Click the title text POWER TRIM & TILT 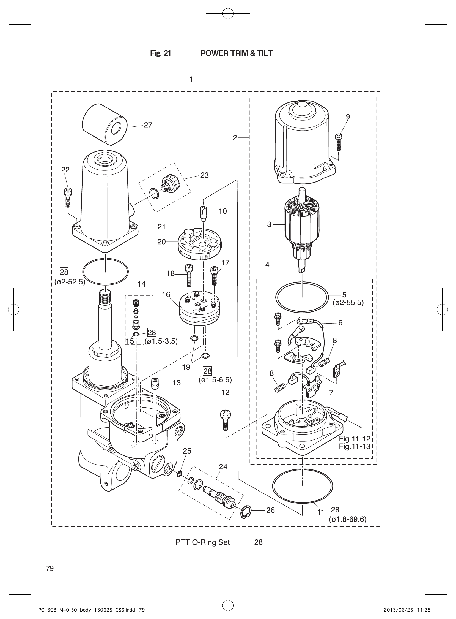(x=237, y=53)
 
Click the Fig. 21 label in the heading (x=160, y=53)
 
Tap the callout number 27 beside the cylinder (x=148, y=125)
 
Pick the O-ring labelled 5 (x=302, y=297)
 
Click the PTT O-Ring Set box (x=203, y=542)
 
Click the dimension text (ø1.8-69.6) (x=348, y=519)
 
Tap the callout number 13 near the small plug (x=177, y=383)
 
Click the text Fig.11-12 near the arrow (x=355, y=439)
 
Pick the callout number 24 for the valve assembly (x=223, y=467)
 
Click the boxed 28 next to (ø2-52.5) (x=64, y=272)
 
